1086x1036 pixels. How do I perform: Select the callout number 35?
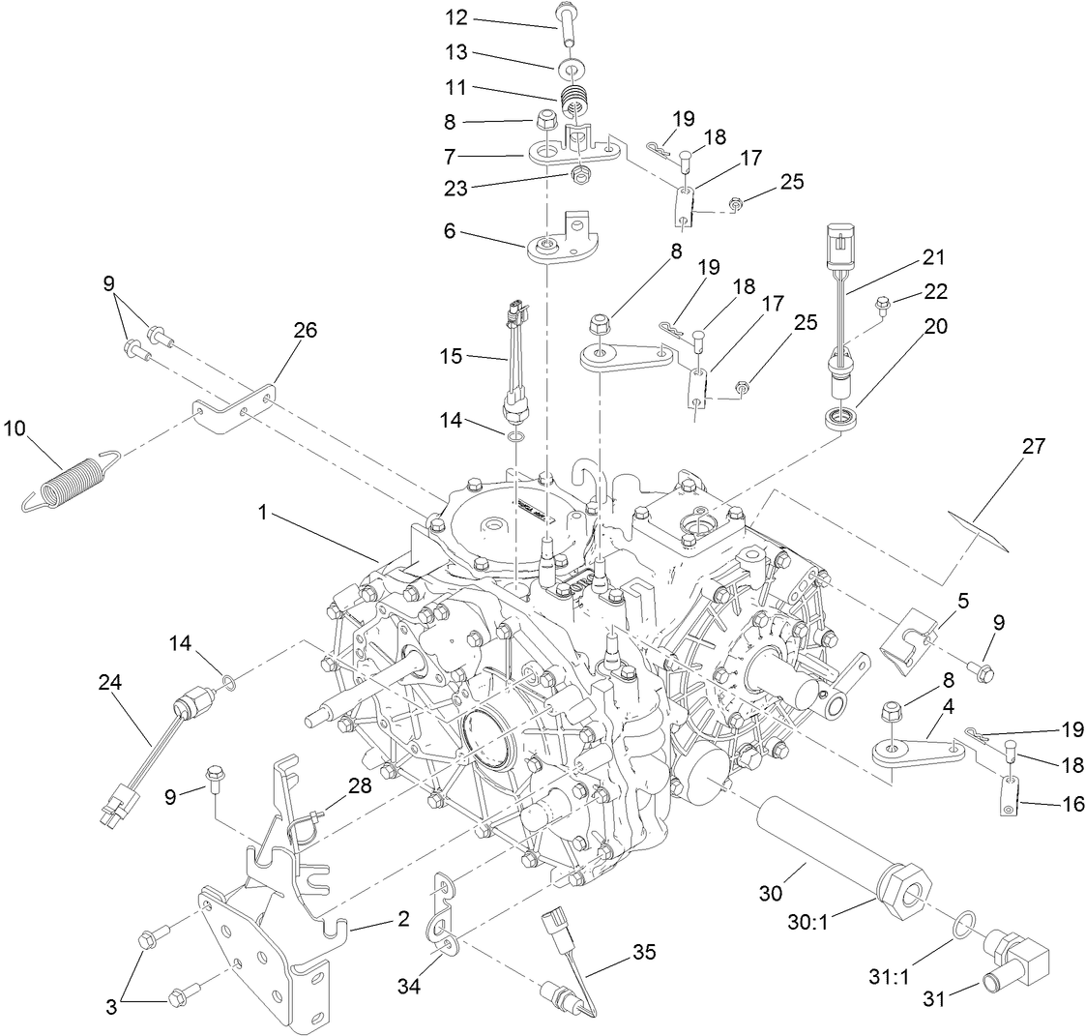644,953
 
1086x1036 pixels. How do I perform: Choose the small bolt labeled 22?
883,307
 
